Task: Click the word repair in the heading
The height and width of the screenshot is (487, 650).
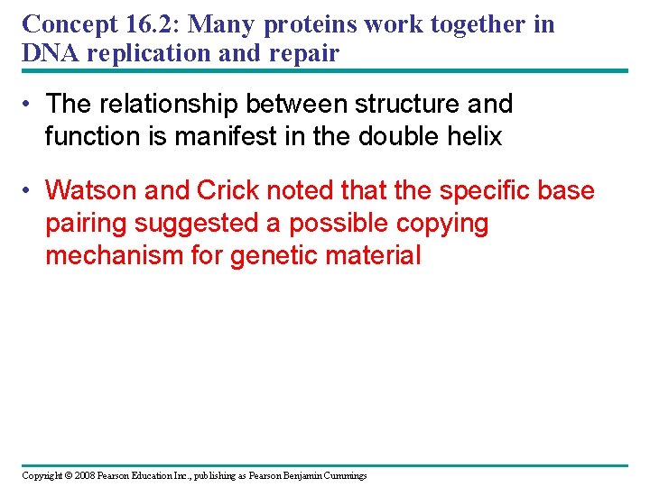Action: (304, 53)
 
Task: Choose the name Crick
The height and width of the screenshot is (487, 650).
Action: (221, 191)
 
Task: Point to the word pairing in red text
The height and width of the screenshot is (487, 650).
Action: (86, 224)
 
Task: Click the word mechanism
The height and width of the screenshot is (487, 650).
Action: (116, 256)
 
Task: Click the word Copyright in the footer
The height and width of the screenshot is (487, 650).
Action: (42, 475)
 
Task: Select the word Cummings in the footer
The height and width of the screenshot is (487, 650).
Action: (341, 475)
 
